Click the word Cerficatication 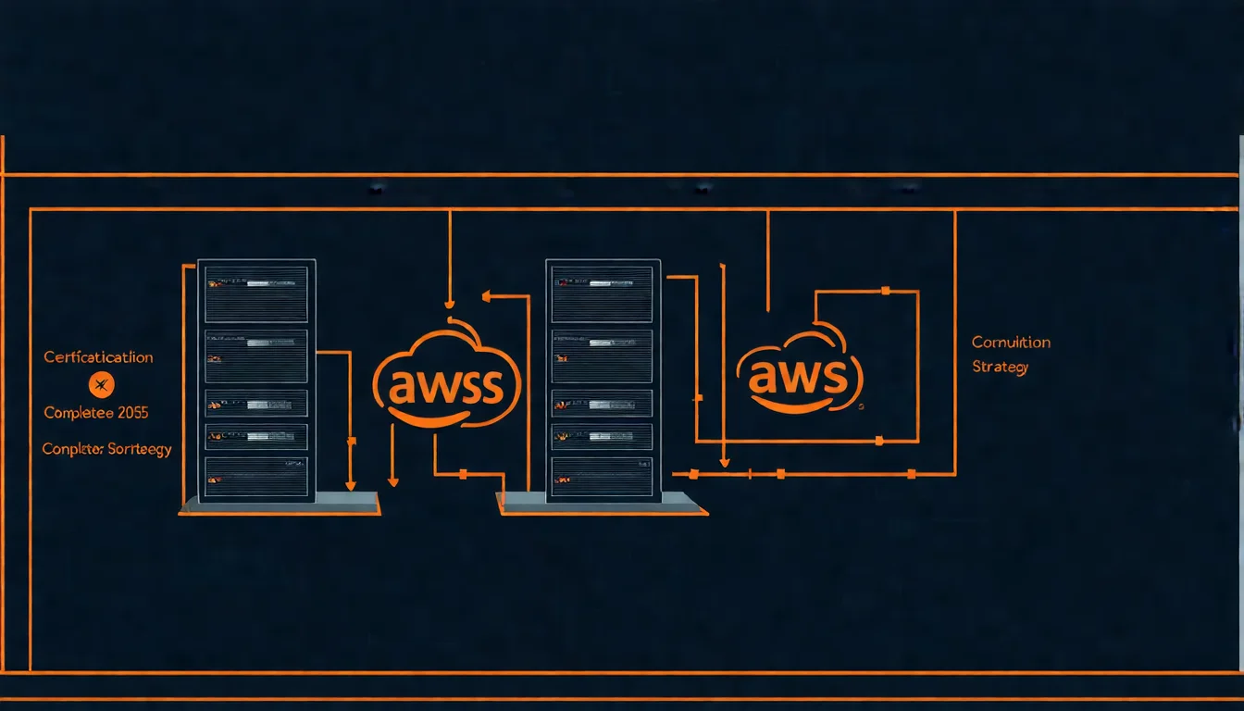98,357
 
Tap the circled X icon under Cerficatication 101,384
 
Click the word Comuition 1011,343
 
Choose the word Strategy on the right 1000,368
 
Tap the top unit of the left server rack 256,281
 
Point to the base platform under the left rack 280,504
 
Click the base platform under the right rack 602,504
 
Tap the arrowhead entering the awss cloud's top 449,303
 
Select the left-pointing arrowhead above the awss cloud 488,297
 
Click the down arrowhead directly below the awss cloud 393,480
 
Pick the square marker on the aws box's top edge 886,292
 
